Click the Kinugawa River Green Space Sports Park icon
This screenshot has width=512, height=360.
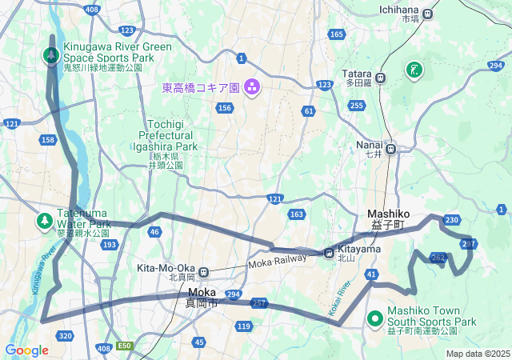(50, 56)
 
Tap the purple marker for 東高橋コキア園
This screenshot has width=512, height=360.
(251, 86)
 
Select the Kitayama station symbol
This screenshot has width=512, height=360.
(329, 254)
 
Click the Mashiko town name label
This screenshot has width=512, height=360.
(389, 214)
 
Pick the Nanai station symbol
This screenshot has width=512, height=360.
(391, 148)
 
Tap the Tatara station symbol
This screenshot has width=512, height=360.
(380, 78)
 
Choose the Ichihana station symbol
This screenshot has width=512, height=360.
(428, 14)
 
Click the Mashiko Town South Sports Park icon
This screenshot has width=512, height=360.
(375, 319)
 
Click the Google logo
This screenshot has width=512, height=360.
(26, 350)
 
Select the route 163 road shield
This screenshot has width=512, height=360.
(297, 214)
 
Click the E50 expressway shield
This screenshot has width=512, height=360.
(124, 346)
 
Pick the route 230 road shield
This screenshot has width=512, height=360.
(452, 220)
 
